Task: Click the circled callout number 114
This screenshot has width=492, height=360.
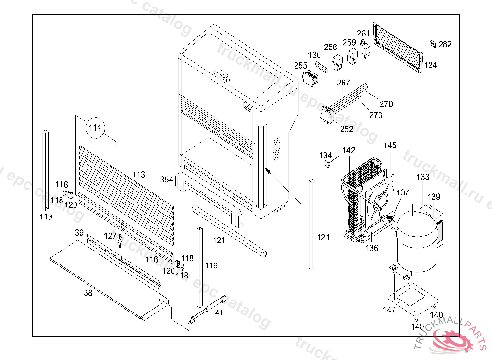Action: click(x=95, y=128)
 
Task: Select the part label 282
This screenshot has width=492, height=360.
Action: click(x=445, y=44)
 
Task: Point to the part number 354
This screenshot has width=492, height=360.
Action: click(x=167, y=180)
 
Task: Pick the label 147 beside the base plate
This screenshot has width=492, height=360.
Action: click(x=389, y=310)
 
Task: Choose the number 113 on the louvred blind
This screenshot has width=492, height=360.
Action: click(x=139, y=175)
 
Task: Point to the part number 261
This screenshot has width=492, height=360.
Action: click(x=364, y=34)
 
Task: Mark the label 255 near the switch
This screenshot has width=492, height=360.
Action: click(x=301, y=65)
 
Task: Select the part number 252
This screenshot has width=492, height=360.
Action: click(x=346, y=129)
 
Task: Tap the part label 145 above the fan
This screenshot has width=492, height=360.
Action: click(x=390, y=145)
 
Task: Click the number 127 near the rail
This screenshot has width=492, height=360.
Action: click(x=111, y=236)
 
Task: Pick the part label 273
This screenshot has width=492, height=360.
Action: click(x=376, y=115)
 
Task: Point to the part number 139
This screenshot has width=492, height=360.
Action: click(x=434, y=197)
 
